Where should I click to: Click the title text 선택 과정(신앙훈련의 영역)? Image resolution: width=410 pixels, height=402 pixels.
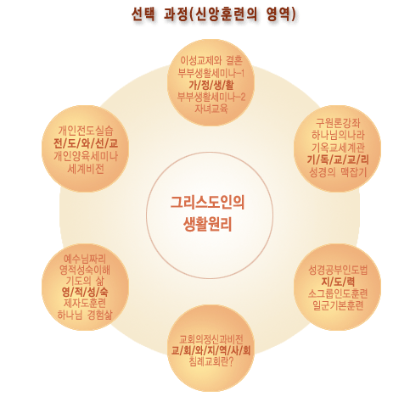coord(214,14)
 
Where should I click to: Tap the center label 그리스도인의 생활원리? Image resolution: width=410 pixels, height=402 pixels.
coord(208,213)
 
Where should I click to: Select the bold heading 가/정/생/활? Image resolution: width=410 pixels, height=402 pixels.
coord(211,85)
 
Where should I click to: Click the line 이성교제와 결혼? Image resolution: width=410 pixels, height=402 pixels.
coord(211,60)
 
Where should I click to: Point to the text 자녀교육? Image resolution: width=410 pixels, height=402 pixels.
coord(211,109)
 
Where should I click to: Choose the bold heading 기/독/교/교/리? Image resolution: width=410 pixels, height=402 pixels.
coord(338,160)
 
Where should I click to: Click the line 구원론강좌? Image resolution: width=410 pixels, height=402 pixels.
coord(338,123)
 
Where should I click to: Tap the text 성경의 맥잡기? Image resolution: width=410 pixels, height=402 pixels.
coord(338,172)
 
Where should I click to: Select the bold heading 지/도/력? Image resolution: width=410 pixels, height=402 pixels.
coord(338,282)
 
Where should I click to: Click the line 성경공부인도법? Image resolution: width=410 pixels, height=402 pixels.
coord(338,270)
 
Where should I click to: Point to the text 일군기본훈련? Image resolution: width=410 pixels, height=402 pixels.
coord(338,305)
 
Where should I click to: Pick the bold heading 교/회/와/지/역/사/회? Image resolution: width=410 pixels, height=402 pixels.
coord(211,351)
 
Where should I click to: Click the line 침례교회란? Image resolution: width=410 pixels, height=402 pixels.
coord(211,362)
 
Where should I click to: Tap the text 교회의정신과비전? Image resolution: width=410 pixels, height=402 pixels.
coord(211,339)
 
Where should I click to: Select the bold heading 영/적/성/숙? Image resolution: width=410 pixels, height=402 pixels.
coord(85,292)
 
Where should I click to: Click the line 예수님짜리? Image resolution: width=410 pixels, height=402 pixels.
coord(85,259)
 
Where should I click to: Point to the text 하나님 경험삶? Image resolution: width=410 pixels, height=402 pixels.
coord(85,315)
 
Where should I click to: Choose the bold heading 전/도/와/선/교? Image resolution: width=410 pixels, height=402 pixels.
coord(86,143)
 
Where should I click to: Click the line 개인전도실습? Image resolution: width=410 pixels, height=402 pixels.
coord(86,131)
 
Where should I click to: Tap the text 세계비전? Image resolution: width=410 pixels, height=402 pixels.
coord(86,169)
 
